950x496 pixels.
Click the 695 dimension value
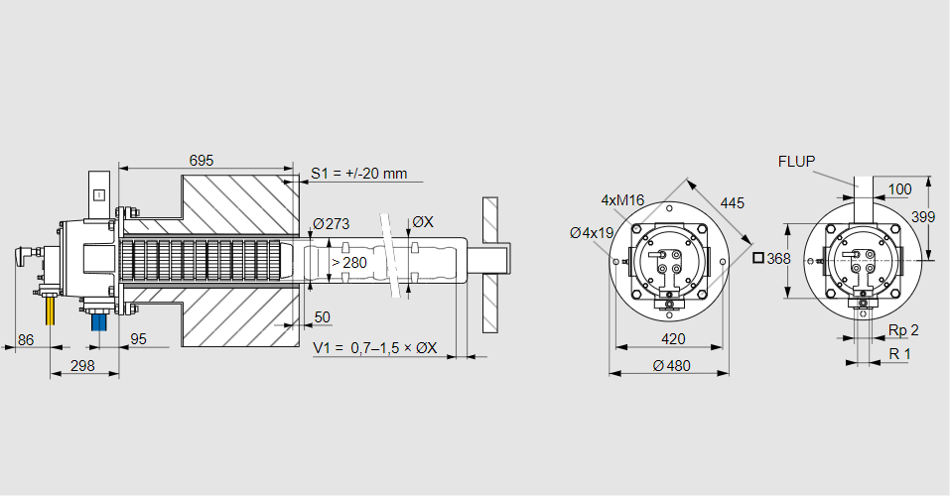click(x=202, y=160)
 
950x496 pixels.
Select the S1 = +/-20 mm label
click(x=358, y=174)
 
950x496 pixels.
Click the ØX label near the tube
click(x=422, y=222)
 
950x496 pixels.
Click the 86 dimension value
click(x=27, y=339)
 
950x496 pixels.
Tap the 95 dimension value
click(x=138, y=339)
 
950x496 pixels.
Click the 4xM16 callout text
click(x=622, y=200)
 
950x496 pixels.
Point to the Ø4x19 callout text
click(x=592, y=232)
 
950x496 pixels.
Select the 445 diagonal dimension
click(x=732, y=202)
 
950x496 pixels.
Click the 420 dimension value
click(x=673, y=338)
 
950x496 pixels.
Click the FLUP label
click(x=797, y=161)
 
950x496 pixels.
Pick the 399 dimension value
click(x=922, y=216)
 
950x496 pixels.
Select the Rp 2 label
click(x=902, y=329)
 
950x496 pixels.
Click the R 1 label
click(x=899, y=354)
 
